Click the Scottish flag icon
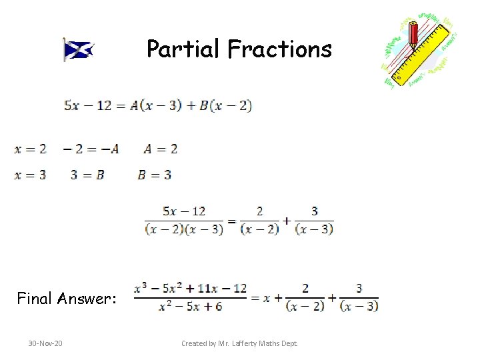[78, 49]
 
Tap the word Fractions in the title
[279, 49]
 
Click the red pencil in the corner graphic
[413, 33]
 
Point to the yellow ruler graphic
[427, 53]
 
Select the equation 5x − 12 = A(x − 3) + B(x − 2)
[157, 105]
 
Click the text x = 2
[31, 149]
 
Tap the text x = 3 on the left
[31, 175]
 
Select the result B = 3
[155, 175]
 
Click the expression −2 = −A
[91, 149]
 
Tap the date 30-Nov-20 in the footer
[45, 343]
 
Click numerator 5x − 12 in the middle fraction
[184, 211]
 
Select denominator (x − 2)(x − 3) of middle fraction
[184, 229]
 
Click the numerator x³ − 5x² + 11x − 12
[191, 289]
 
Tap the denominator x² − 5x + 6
[191, 306]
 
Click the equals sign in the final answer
[255, 298]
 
